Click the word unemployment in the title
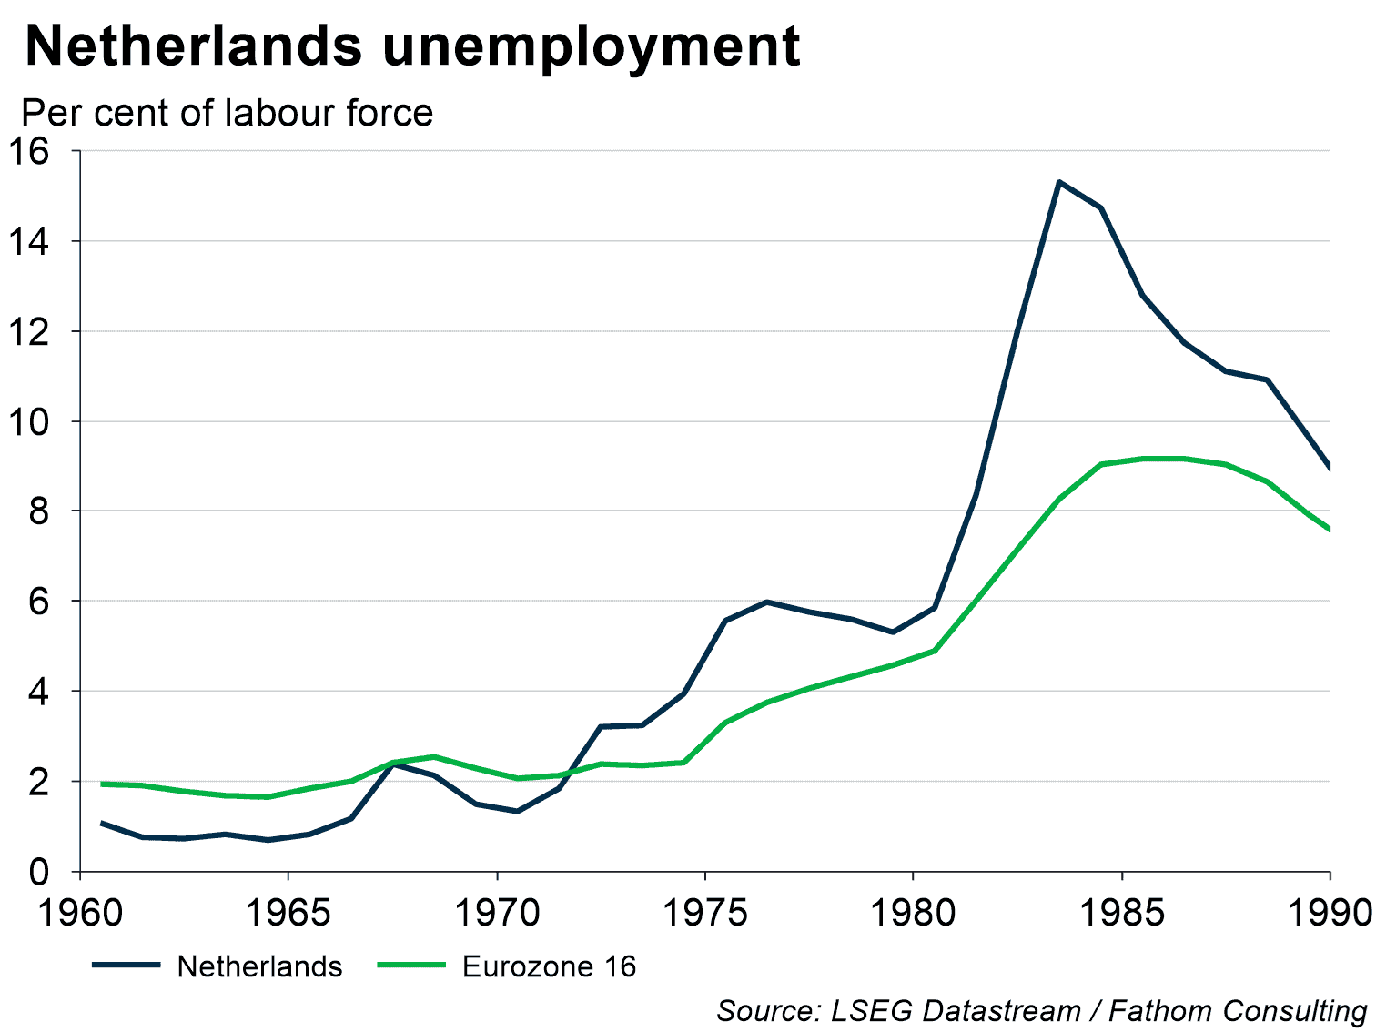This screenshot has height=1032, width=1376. (x=591, y=47)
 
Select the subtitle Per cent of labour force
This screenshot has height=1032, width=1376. (x=228, y=114)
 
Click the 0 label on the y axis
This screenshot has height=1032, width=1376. (x=38, y=872)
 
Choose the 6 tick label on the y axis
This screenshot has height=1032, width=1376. (x=38, y=602)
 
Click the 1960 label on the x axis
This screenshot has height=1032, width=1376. (x=80, y=912)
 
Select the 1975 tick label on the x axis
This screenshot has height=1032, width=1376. (x=705, y=912)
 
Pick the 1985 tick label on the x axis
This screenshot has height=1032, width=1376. (x=1122, y=912)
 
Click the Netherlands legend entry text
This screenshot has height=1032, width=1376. (x=259, y=966)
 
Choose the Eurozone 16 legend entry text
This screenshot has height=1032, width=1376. (x=549, y=966)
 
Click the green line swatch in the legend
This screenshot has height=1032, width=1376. (x=411, y=966)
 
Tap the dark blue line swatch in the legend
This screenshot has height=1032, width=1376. (x=126, y=966)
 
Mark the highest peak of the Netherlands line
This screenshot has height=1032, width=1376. (x=1059, y=182)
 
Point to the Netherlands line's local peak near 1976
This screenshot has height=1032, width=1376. (x=767, y=602)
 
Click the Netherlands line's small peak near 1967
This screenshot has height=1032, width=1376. (x=393, y=764)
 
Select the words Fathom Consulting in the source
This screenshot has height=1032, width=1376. (x=1238, y=1011)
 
